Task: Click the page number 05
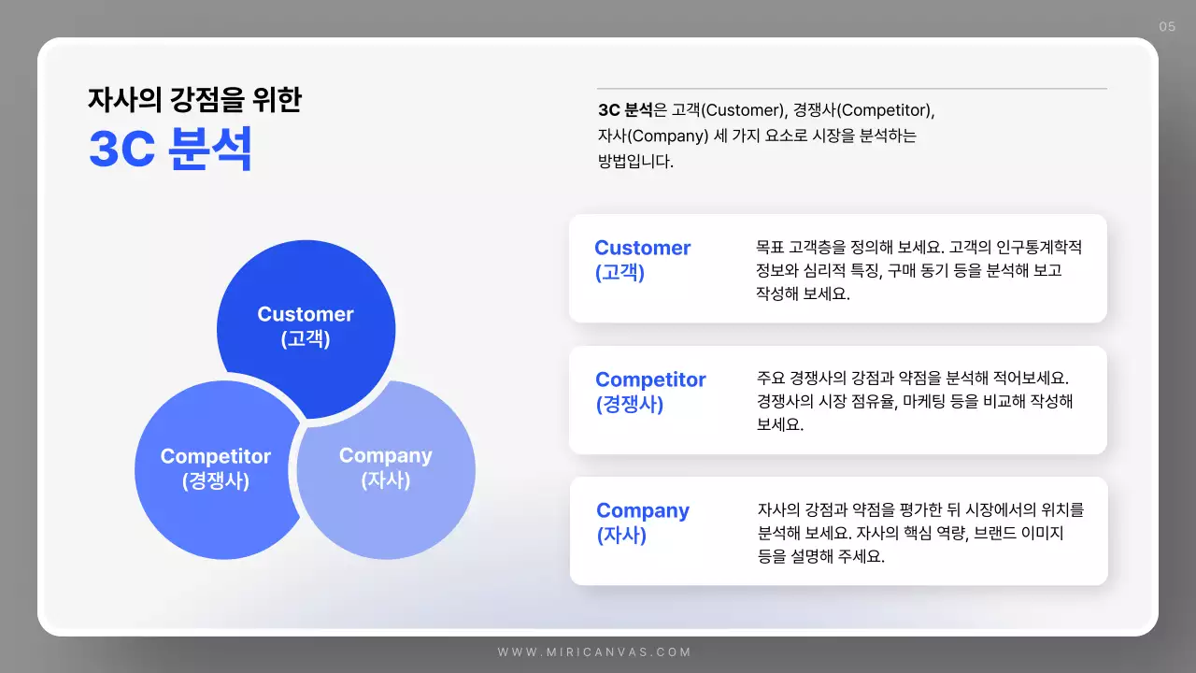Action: (x=1167, y=26)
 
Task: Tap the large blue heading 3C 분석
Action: (x=170, y=149)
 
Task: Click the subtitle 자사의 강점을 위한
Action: (x=194, y=99)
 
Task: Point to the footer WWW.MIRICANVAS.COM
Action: (x=594, y=652)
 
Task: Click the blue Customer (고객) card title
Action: (x=642, y=260)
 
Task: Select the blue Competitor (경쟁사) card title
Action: (x=650, y=392)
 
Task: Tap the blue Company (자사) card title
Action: (x=642, y=523)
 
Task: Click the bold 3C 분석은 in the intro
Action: (x=633, y=110)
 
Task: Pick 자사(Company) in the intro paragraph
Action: (x=652, y=136)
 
